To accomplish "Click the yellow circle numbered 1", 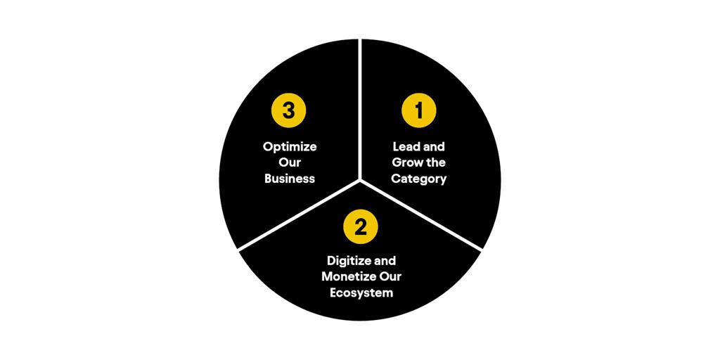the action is [418, 110].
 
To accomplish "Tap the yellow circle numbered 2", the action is [361, 227].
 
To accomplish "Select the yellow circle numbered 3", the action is [288, 110].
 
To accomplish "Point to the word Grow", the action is [405, 162].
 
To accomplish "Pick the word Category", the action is [418, 179].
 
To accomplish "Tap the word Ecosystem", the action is [361, 293].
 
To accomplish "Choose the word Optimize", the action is [290, 148].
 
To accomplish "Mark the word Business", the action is [289, 179].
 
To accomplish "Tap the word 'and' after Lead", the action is [432, 147].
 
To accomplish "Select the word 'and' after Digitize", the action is [383, 261].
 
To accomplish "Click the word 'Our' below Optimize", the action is [289, 163].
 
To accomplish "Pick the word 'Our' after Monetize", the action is [390, 277].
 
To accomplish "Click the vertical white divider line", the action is [360, 109].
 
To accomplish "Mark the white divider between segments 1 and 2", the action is [421, 215].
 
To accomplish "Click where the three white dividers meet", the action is [360, 180].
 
